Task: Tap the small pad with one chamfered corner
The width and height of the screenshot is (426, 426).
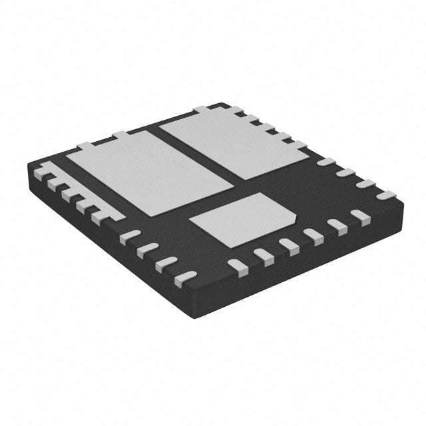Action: pyautogui.click(x=243, y=216)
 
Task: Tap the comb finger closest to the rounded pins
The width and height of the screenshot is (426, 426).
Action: pyautogui.click(x=97, y=214)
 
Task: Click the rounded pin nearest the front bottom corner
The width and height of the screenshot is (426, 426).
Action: pyautogui.click(x=188, y=275)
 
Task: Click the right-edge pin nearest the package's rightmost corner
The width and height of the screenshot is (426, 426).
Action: pyautogui.click(x=385, y=195)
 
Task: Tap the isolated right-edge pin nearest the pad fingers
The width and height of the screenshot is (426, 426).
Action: pyautogui.click(x=325, y=162)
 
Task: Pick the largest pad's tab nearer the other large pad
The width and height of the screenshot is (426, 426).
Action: pyautogui.click(x=122, y=135)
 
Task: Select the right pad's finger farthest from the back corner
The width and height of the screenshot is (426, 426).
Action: pyautogui.click(x=298, y=144)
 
